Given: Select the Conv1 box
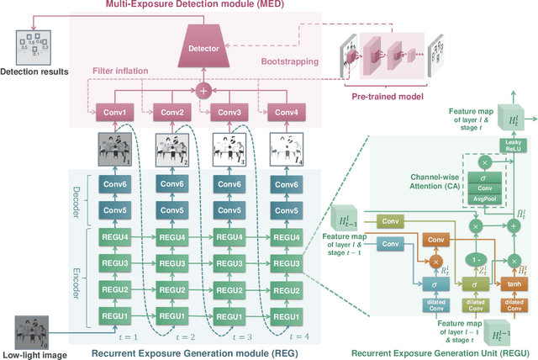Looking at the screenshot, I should click(113, 112).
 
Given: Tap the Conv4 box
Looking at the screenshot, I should click(286, 112).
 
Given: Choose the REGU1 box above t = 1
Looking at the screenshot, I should click(113, 316).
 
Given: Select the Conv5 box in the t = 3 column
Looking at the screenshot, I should click(228, 209).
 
